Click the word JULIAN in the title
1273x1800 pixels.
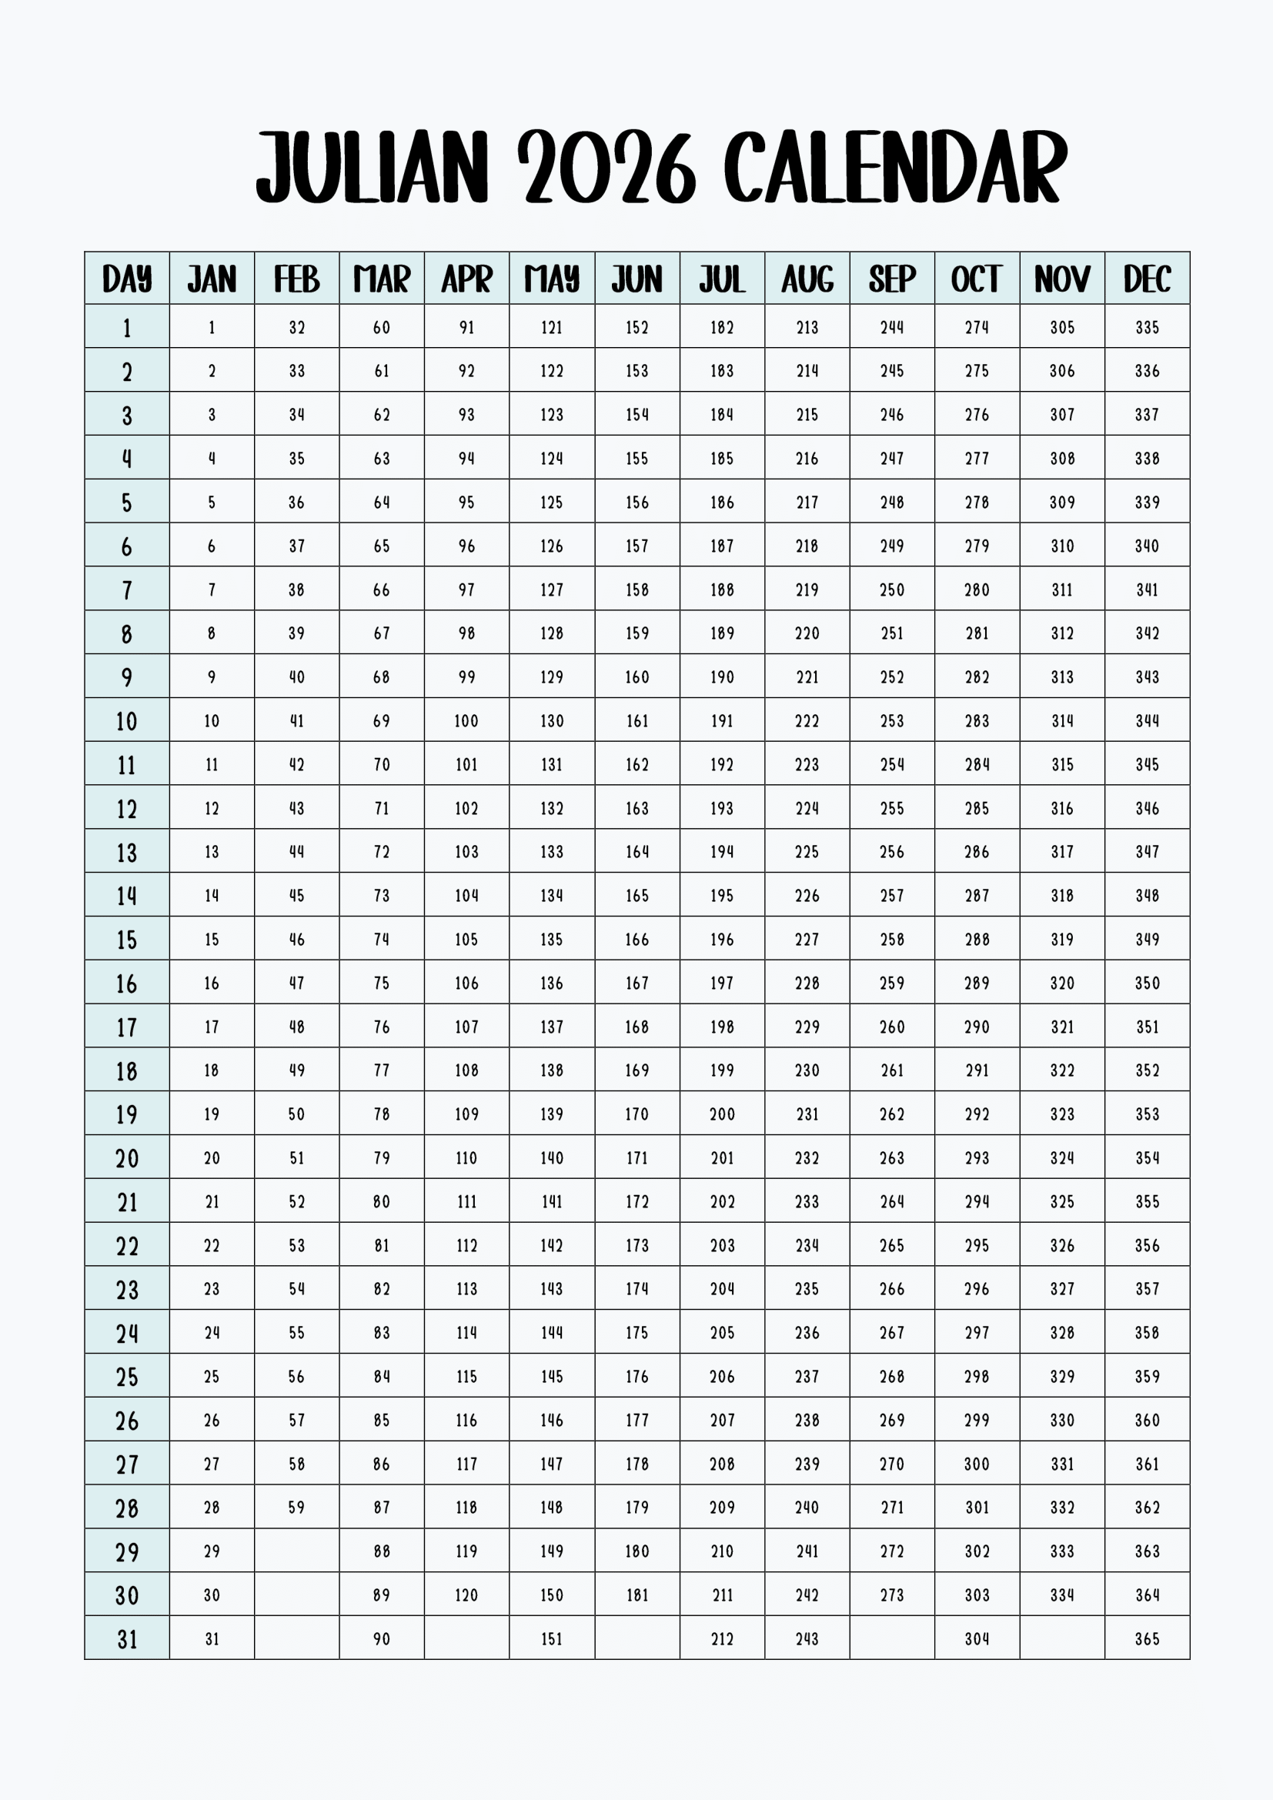[x=373, y=167]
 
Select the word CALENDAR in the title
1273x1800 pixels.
[x=895, y=167]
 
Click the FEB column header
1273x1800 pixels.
[x=296, y=279]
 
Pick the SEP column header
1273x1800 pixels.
[x=892, y=279]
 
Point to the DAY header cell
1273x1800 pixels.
[x=127, y=279]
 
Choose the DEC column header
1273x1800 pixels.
[x=1147, y=279]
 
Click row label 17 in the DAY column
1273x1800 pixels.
[x=127, y=1027]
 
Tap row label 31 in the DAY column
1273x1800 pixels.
[x=127, y=1639]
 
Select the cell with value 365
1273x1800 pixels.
[x=1147, y=1639]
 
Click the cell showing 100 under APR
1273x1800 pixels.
[x=466, y=721]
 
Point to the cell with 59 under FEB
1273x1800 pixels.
[x=296, y=1508]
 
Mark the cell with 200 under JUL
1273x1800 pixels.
[x=722, y=1114]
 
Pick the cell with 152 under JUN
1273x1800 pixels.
[x=636, y=328]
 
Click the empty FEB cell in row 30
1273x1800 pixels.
[x=296, y=1595]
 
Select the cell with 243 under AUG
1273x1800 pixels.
[x=807, y=1639]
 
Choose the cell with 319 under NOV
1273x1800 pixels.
[x=1062, y=939]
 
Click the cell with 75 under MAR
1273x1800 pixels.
[x=382, y=983]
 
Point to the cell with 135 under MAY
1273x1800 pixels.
[x=552, y=939]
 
